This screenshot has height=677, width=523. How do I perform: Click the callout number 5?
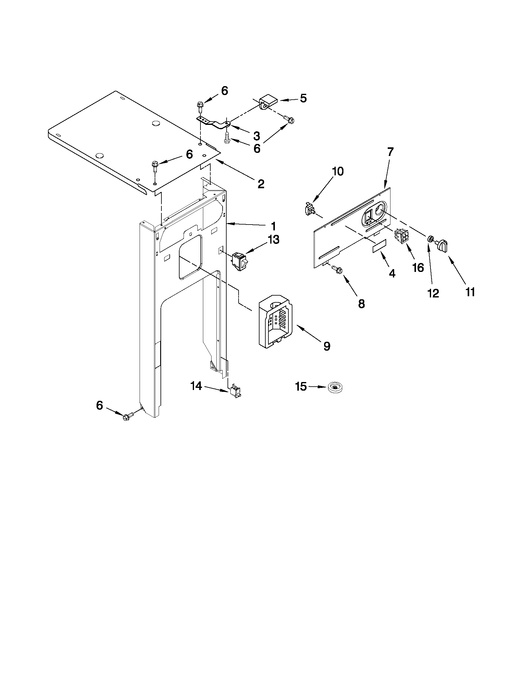point(303,98)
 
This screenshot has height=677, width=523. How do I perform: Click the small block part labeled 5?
point(267,102)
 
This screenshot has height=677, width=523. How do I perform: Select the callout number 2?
point(261,184)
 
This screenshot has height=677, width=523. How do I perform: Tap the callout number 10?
point(338,171)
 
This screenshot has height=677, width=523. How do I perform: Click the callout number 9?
point(327,346)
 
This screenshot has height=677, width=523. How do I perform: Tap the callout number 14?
point(196,386)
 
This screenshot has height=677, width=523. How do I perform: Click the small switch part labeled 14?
point(236,392)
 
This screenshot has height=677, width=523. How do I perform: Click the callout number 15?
point(301,387)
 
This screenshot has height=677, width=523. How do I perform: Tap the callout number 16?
point(418,267)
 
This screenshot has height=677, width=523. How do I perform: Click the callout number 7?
point(390,152)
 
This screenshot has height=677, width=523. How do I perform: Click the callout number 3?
point(256,136)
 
